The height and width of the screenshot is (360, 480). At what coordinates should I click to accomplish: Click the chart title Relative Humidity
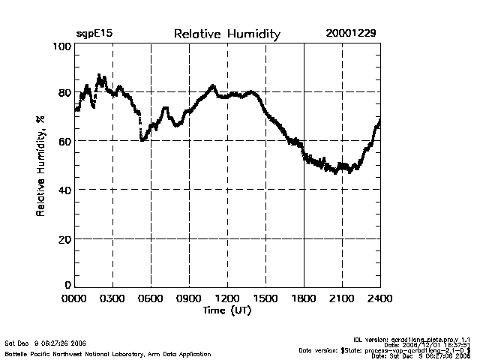tap(226, 34)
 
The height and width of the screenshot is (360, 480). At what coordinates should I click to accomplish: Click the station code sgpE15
tap(94, 34)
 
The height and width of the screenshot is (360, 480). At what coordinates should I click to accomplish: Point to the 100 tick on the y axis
tap(62, 46)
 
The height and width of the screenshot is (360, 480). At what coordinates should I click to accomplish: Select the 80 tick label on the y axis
tap(64, 93)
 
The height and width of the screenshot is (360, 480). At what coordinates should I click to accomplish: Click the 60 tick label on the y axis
tap(64, 141)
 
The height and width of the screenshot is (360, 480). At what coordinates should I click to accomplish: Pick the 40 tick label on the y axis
tap(64, 190)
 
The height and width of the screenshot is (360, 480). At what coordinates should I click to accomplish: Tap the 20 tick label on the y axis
tap(64, 238)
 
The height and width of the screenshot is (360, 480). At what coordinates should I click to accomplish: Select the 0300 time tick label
tap(112, 298)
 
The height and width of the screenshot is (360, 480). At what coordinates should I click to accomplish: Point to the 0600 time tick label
tap(151, 298)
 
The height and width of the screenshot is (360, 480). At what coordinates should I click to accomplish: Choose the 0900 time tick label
tap(189, 298)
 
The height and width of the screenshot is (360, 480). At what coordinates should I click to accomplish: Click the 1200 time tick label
tap(227, 298)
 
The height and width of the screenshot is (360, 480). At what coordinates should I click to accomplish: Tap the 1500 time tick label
tap(265, 298)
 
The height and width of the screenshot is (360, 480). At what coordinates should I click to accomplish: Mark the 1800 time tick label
tap(304, 298)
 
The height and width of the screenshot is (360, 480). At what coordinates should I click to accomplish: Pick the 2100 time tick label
tap(342, 298)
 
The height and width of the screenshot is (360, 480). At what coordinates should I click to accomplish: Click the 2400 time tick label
tap(379, 298)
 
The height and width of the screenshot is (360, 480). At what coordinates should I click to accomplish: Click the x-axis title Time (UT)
tap(227, 310)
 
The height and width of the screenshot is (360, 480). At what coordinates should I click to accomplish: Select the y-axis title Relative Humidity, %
tap(41, 166)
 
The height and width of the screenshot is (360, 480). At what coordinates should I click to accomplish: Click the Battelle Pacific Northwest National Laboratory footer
tap(108, 352)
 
